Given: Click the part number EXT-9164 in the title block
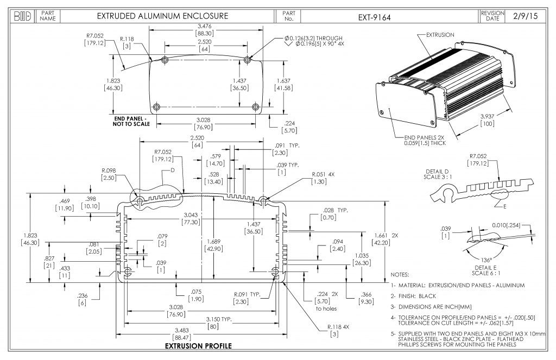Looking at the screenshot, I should pyautogui.click(x=374, y=17).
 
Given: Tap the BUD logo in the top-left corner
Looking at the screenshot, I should pyautogui.click(x=21, y=16).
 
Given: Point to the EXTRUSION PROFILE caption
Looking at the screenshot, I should pyautogui.click(x=198, y=346).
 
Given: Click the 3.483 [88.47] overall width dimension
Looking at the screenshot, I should pyautogui.click(x=204, y=334).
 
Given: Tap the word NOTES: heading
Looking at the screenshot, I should pyautogui.click(x=400, y=275).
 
